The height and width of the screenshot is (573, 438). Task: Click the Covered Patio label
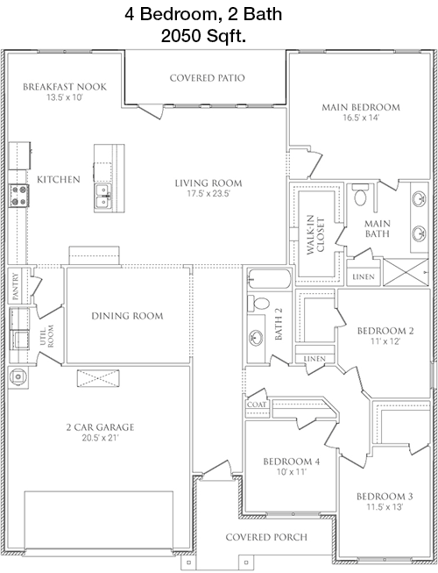(207, 78)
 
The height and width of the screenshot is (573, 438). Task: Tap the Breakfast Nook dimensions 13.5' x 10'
(65, 97)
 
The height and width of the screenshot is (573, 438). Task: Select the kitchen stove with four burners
(18, 196)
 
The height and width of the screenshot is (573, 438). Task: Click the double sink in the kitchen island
(103, 196)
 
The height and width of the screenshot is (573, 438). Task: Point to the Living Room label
(208, 183)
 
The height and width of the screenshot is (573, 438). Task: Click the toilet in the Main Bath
(360, 195)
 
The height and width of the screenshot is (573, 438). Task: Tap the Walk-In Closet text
(315, 234)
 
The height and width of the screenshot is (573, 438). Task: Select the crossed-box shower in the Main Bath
(406, 272)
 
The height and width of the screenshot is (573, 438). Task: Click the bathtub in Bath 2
(270, 279)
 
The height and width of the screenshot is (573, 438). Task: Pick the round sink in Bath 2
(257, 337)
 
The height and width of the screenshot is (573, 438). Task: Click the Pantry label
(15, 286)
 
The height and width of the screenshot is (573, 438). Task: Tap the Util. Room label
(46, 336)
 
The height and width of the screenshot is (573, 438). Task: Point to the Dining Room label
(127, 316)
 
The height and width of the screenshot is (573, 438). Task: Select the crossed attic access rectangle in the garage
(98, 378)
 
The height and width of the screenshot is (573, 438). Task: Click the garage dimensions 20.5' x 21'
(100, 438)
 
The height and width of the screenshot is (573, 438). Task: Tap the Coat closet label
(257, 405)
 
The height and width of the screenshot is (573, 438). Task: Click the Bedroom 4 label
(292, 462)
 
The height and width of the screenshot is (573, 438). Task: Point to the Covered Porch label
(266, 537)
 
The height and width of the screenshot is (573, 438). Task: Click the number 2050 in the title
(181, 36)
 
